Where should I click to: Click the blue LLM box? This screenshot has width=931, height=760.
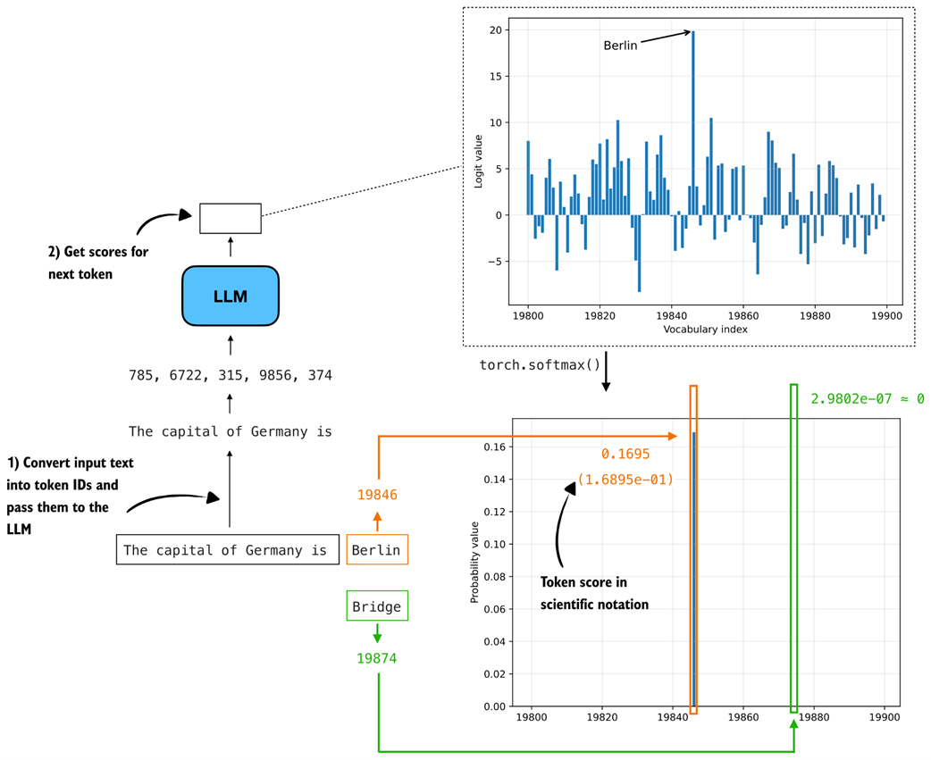pyautogui.click(x=231, y=296)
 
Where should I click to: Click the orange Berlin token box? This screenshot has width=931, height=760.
pyautogui.click(x=376, y=550)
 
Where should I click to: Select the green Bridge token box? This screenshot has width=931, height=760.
pyautogui.click(x=376, y=607)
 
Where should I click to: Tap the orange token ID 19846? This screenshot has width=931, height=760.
pyautogui.click(x=376, y=494)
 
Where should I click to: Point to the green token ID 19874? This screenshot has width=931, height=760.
pyautogui.click(x=376, y=658)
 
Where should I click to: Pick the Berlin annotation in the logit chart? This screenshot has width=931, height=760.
pyautogui.click(x=620, y=46)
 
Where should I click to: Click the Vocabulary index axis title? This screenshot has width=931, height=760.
pyautogui.click(x=705, y=330)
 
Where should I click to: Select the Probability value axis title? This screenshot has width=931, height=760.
pyautogui.click(x=475, y=562)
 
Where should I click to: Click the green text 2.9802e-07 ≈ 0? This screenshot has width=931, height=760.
pyautogui.click(x=867, y=398)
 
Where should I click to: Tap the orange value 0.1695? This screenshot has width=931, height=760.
pyautogui.click(x=625, y=455)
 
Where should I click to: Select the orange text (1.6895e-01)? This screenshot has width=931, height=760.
pyautogui.click(x=625, y=480)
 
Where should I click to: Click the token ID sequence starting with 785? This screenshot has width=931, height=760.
pyautogui.click(x=231, y=375)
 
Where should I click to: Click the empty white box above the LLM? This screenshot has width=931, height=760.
pyautogui.click(x=231, y=218)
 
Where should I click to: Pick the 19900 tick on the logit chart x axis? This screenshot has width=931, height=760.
pyautogui.click(x=885, y=315)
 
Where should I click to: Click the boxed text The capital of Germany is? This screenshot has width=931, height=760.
pyautogui.click(x=225, y=550)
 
